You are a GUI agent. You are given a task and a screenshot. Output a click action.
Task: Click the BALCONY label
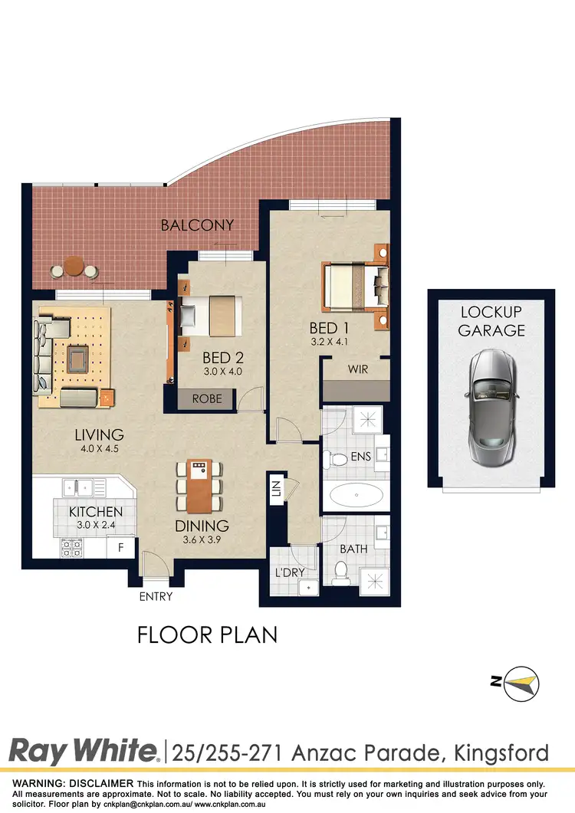pos(196,225)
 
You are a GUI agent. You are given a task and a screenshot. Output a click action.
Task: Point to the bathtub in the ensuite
pos(357,497)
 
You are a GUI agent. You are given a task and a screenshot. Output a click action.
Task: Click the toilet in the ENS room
pos(337,460)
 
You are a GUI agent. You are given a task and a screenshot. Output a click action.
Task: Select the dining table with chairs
pos(200,486)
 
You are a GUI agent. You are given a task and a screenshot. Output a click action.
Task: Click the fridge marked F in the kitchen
pos(120,548)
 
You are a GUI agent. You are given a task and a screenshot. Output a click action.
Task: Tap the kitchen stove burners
pos(72,548)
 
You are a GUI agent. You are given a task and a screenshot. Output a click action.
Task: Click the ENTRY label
pos(156,596)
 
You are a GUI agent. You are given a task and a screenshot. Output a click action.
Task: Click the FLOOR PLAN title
pos(207,634)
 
